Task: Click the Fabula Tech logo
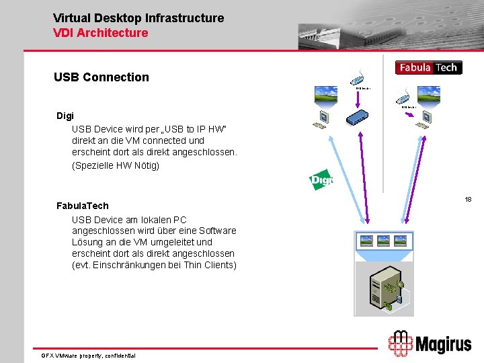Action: pyautogui.click(x=429, y=67)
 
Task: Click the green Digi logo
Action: pyautogui.click(x=321, y=179)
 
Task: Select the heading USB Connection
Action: pyautogui.click(x=102, y=77)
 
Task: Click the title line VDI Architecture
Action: pyautogui.click(x=100, y=32)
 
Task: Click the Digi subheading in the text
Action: pyautogui.click(x=65, y=116)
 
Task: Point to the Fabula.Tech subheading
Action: pyautogui.click(x=82, y=206)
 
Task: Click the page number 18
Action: pyautogui.click(x=468, y=200)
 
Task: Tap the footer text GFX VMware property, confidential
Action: pyautogui.click(x=88, y=355)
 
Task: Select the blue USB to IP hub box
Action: pyautogui.click(x=364, y=118)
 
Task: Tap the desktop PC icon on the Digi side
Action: pyautogui.click(x=321, y=120)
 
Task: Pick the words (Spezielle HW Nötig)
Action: pyautogui.click(x=116, y=165)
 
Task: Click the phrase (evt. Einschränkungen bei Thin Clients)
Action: pyautogui.click(x=155, y=265)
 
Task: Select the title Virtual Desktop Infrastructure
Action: pyautogui.click(x=138, y=18)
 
